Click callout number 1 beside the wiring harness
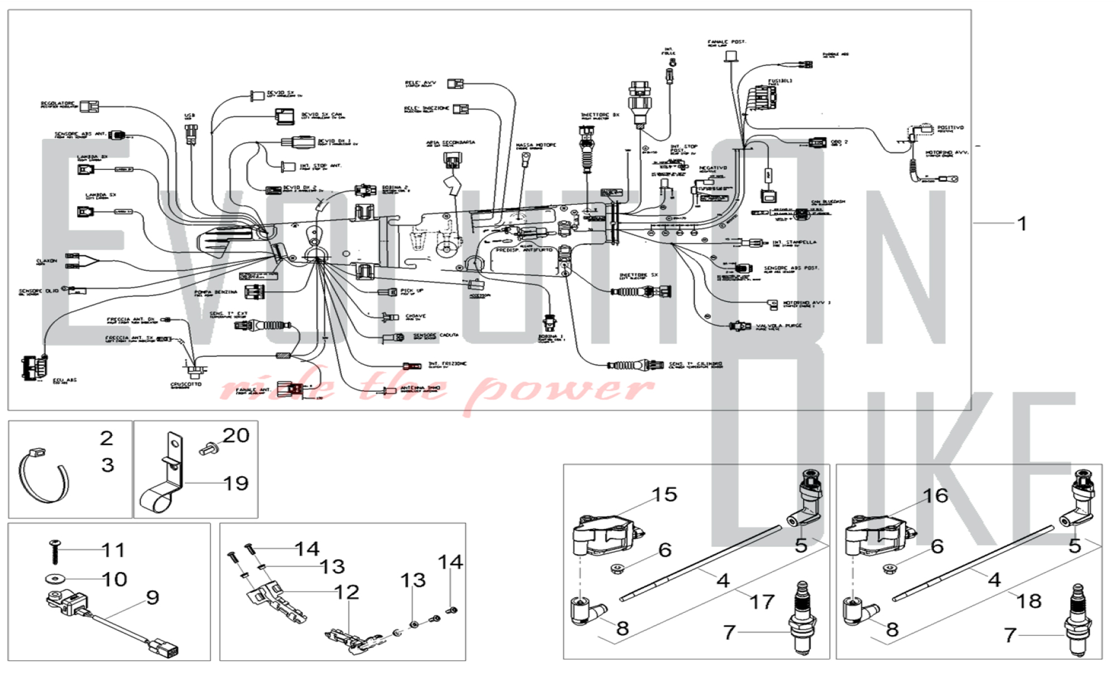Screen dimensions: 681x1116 coord(1022,224)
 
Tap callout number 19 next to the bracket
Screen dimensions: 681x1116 coord(235,483)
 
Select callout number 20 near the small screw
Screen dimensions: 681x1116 coord(235,435)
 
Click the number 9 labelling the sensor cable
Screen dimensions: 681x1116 coord(152,598)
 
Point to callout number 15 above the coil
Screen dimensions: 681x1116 coord(664,495)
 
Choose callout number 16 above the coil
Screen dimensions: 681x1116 coord(935,495)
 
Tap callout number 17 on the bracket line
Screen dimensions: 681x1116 coord(762,602)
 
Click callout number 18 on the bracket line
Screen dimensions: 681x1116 coord(1029,601)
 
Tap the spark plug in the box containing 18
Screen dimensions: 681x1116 coord(1077,620)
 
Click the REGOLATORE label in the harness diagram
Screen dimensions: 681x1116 coord(57,104)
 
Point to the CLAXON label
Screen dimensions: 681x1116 coord(46,261)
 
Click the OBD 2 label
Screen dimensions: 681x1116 coord(839,142)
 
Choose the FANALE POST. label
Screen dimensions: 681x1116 coord(727,42)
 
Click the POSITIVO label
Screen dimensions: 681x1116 coord(950,128)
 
